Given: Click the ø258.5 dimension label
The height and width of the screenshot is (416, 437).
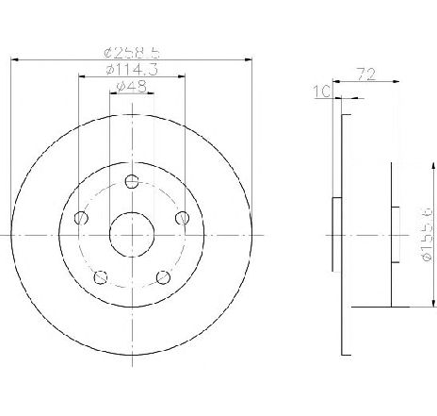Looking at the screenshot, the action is (132, 53).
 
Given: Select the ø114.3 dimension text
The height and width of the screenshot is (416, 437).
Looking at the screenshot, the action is (132, 70).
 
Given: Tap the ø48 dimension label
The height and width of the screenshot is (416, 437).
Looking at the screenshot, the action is (132, 87).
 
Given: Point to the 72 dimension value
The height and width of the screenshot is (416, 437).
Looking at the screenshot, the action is (366, 75).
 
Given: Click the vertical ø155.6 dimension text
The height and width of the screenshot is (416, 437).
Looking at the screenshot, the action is (428, 235).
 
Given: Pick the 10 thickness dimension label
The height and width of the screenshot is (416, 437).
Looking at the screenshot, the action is (322, 92).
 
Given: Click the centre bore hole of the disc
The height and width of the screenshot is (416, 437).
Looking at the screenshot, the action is (132, 235).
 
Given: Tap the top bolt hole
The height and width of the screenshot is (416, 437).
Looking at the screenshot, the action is (132, 181).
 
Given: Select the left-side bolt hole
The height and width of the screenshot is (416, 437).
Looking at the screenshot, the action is (81, 218).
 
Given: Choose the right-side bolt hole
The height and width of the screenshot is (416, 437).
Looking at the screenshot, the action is (183, 218).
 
